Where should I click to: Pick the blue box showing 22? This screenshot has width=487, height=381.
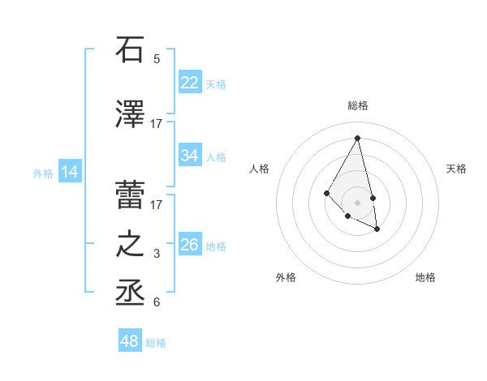190,83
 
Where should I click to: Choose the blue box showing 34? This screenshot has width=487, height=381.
190,156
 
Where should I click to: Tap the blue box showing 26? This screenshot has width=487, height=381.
190,245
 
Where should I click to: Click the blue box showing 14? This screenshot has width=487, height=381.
70,172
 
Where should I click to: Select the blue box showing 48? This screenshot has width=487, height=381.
130,341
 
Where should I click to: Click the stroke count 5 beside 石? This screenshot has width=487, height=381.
157,58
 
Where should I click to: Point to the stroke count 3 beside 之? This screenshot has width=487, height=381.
157,255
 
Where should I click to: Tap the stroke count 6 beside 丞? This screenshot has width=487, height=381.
157,303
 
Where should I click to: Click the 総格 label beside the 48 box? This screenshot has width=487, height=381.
156,343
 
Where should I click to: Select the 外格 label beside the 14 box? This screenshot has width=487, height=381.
43,173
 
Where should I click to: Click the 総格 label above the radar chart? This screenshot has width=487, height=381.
358,105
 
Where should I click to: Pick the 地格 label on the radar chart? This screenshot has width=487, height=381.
425,277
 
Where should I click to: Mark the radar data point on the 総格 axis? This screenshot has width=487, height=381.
357,137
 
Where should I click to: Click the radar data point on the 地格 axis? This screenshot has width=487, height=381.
377,229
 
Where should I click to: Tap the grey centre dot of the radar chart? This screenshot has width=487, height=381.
357,202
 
